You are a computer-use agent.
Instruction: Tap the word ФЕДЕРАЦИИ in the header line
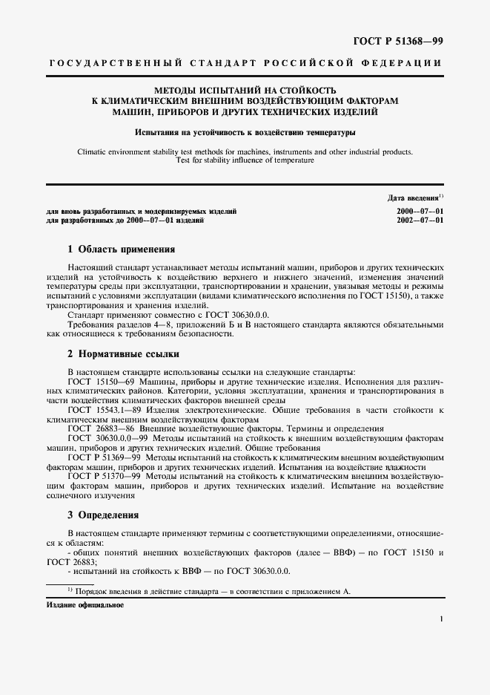pyautogui.click(x=404, y=65)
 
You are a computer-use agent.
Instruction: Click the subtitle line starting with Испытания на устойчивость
pyautogui.click(x=245, y=133)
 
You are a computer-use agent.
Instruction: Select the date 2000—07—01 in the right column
pyautogui.click(x=420, y=212)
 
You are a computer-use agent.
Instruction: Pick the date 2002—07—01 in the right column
pyautogui.click(x=420, y=221)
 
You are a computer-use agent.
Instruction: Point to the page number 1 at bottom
pyautogui.click(x=441, y=619)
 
